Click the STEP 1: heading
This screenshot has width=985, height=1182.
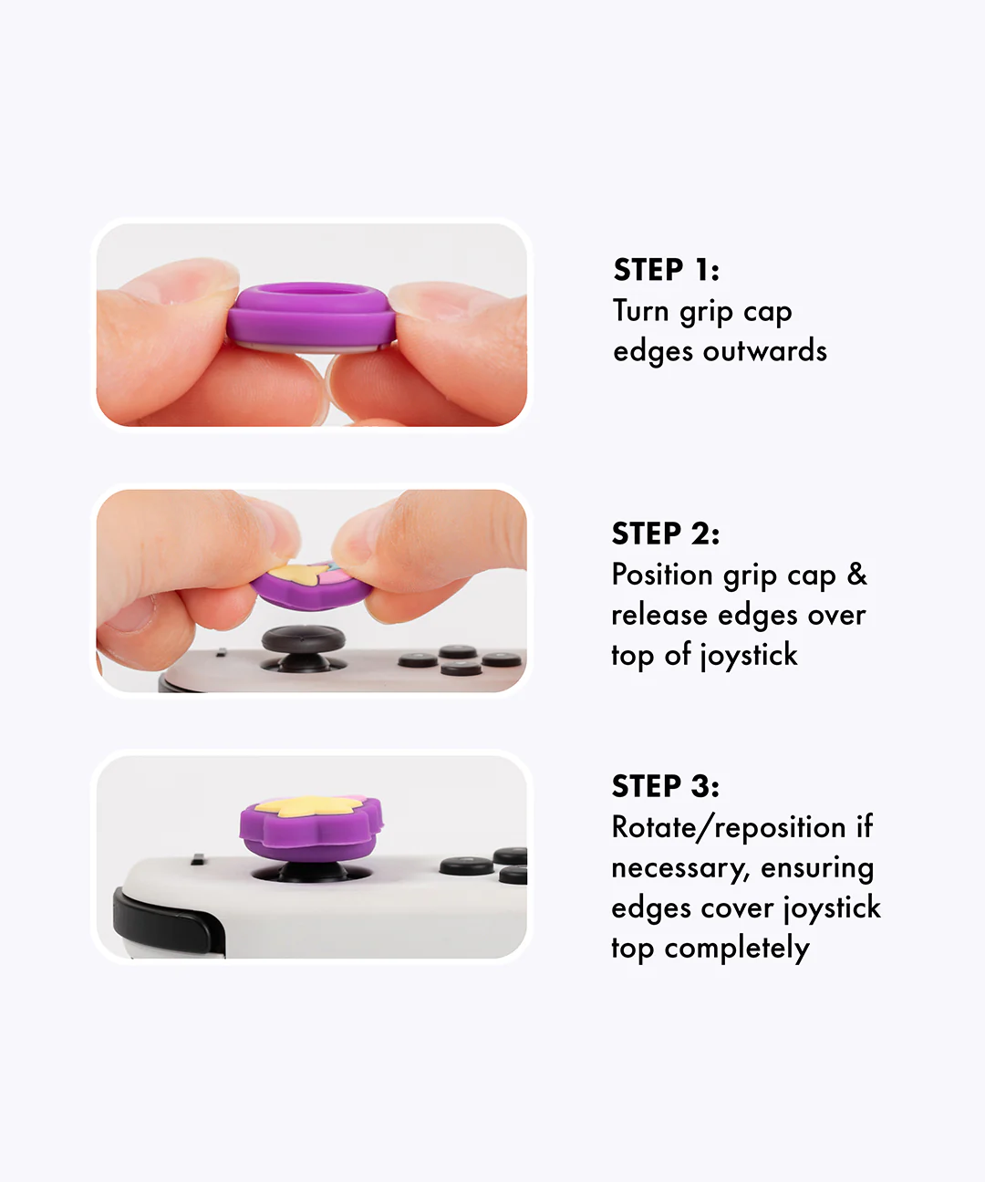667,269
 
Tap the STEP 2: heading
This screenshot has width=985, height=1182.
665,534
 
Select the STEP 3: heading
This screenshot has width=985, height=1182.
665,786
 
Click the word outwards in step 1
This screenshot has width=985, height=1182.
765,350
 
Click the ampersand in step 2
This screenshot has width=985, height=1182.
857,574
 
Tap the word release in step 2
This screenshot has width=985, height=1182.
658,615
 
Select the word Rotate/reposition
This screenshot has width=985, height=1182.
729,828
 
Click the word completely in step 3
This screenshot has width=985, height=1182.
737,949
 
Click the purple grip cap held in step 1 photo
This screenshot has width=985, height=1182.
312,316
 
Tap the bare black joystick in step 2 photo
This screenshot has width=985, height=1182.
304,648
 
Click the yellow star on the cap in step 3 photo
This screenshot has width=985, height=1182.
302,806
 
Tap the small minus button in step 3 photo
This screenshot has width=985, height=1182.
198,860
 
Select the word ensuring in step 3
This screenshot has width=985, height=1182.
817,869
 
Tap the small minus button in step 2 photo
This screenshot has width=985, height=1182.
222,652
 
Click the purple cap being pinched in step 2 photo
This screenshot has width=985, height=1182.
312,586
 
